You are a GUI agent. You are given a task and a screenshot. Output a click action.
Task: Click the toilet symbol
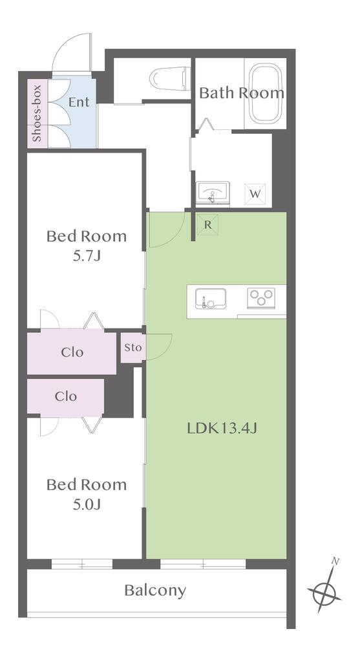tap(169, 78)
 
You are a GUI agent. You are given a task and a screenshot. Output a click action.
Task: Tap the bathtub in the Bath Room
tap(265, 93)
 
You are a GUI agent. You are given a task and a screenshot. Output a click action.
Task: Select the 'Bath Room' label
tap(242, 93)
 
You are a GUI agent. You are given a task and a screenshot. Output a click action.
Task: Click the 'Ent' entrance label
tap(79, 102)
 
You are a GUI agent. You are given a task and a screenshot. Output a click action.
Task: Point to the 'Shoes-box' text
tap(37, 113)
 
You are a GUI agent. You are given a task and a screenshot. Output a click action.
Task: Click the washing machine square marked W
tap(255, 194)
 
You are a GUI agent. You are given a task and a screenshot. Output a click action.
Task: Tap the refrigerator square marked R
tap(207, 224)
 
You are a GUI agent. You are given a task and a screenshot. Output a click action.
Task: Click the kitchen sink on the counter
tap(210, 299)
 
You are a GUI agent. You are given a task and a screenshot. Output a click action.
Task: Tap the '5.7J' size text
tap(87, 256)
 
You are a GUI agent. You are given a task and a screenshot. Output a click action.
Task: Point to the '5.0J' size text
tap(87, 504)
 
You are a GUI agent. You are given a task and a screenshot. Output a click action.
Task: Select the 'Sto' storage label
tap(133, 348)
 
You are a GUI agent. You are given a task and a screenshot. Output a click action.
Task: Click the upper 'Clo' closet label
tap(72, 352)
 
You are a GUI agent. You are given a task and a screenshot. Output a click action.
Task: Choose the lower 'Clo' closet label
tap(66, 396)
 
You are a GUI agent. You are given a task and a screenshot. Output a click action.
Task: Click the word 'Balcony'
tap(155, 591)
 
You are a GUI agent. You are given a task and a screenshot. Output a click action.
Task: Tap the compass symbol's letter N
tap(335, 561)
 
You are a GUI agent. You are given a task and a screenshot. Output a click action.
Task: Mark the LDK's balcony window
tap(203, 564)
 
